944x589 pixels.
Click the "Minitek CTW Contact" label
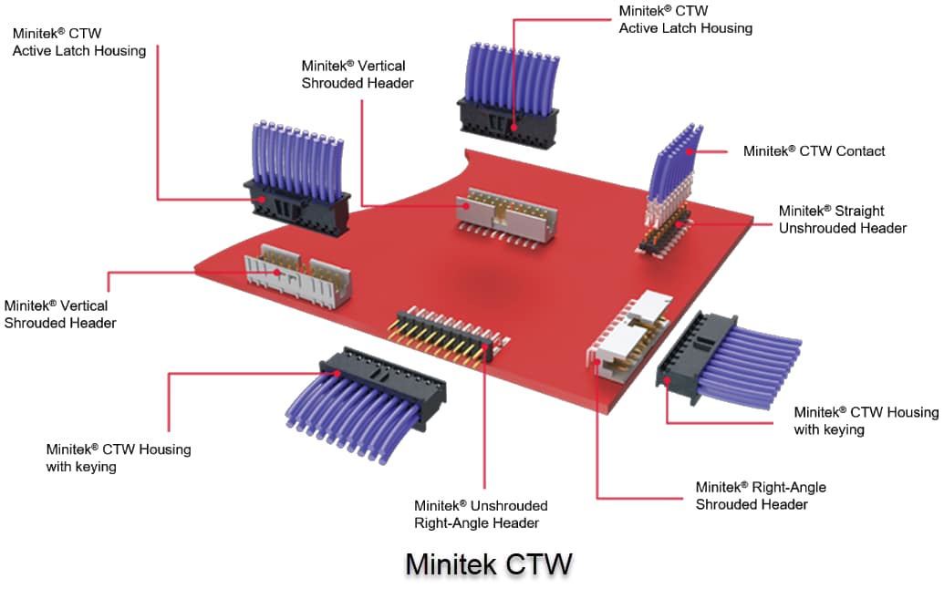pos(814,151)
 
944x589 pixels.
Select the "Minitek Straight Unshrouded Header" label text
pos(842,220)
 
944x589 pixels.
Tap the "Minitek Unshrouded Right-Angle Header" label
pos(481,514)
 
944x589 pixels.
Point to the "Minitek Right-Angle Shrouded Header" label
pos(760,496)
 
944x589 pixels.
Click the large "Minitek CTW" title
pos(488,563)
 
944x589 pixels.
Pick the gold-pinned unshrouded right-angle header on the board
pos(446,338)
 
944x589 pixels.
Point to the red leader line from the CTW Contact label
pos(715,151)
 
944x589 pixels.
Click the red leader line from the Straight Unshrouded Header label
pos(730,220)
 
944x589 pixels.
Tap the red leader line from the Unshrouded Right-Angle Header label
pos(484,429)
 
